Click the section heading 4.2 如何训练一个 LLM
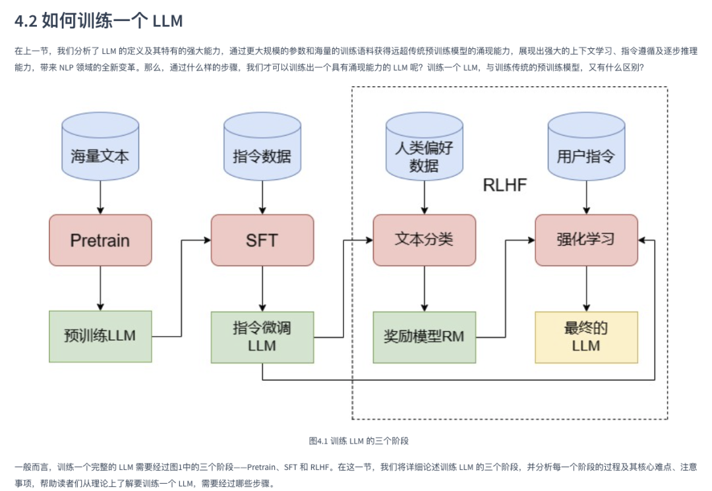(99, 21)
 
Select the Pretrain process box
(100, 240)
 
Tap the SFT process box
(262, 240)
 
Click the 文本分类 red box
(424, 240)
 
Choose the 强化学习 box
(586, 240)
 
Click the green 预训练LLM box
(100, 336)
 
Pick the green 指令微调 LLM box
(262, 337)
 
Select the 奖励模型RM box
(424, 337)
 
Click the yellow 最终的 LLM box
(586, 337)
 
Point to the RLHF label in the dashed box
(505, 185)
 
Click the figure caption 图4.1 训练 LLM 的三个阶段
(363, 441)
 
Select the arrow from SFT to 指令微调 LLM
(262, 289)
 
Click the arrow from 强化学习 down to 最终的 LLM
(586, 289)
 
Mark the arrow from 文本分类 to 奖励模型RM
(424, 289)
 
